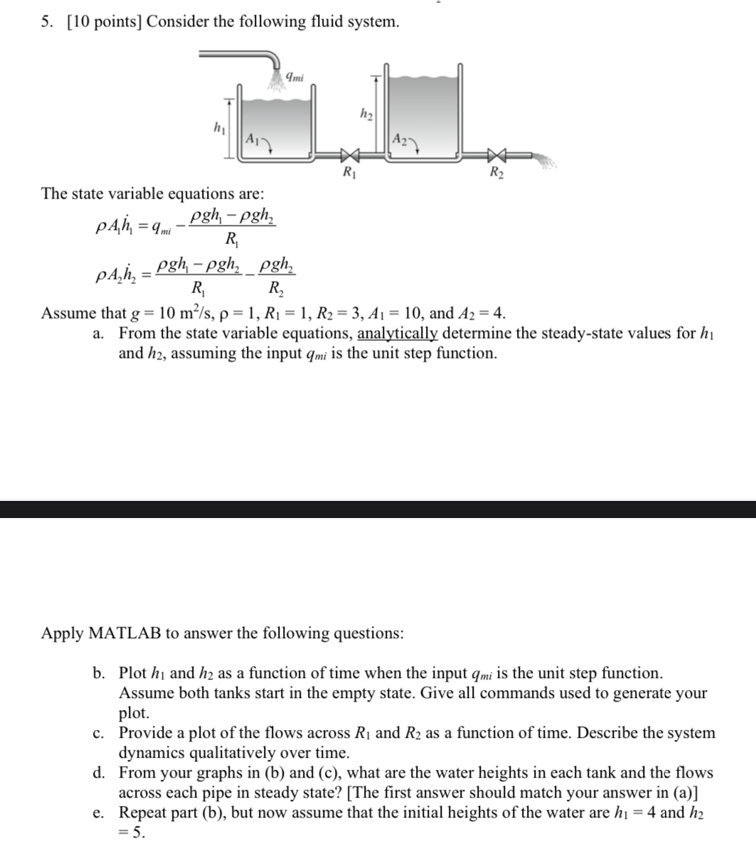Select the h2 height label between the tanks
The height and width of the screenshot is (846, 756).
pos(366,112)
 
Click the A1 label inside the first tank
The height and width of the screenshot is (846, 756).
pos(252,139)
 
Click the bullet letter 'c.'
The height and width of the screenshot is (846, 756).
pos(99,734)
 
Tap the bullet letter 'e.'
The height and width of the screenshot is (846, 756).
pos(99,813)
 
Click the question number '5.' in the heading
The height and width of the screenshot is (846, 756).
pos(47,22)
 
